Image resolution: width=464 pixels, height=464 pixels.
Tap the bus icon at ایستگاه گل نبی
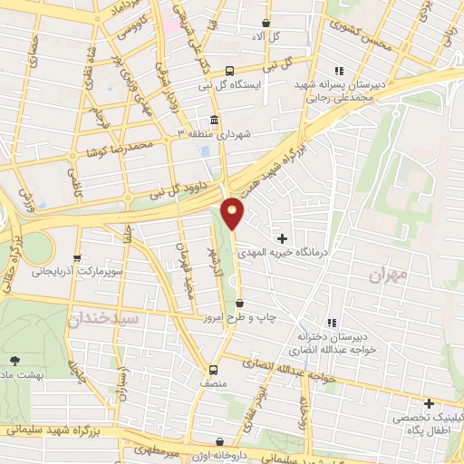point(230,70)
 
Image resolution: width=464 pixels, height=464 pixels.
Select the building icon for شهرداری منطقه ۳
point(214,120)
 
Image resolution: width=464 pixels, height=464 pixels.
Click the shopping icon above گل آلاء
point(265,24)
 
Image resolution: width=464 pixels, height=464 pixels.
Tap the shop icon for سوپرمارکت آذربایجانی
point(78,257)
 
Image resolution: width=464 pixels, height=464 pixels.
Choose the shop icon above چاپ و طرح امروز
point(238,304)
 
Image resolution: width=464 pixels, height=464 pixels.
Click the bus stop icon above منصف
point(213,370)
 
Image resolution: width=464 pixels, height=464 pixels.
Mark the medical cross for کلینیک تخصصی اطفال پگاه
point(428,403)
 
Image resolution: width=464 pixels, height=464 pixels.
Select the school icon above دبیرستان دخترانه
point(332,323)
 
